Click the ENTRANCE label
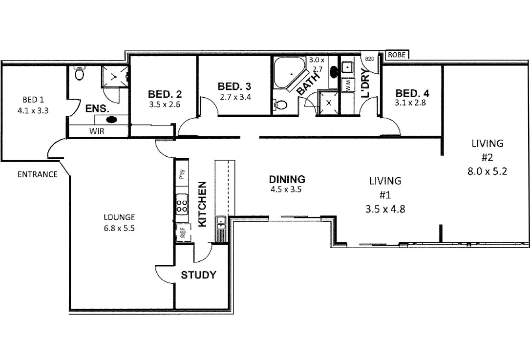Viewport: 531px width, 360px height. (x=37, y=174)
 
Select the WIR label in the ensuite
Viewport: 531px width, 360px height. (x=96, y=131)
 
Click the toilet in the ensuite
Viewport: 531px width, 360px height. (x=80, y=74)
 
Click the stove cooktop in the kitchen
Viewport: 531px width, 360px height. (x=182, y=204)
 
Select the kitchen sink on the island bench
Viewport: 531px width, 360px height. (x=221, y=222)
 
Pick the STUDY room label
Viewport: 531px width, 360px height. (x=198, y=275)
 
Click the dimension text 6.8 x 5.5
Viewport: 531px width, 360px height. (x=119, y=227)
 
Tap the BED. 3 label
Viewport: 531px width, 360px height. (x=234, y=86)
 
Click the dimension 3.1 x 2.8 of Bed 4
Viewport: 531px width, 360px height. (x=412, y=103)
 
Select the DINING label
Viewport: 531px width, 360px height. (x=287, y=179)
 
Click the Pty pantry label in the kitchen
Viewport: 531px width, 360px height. (x=182, y=173)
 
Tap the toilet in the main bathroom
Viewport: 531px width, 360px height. (x=281, y=104)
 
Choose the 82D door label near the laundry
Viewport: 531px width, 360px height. (x=370, y=59)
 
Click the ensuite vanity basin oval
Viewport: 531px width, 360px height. (x=112, y=119)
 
